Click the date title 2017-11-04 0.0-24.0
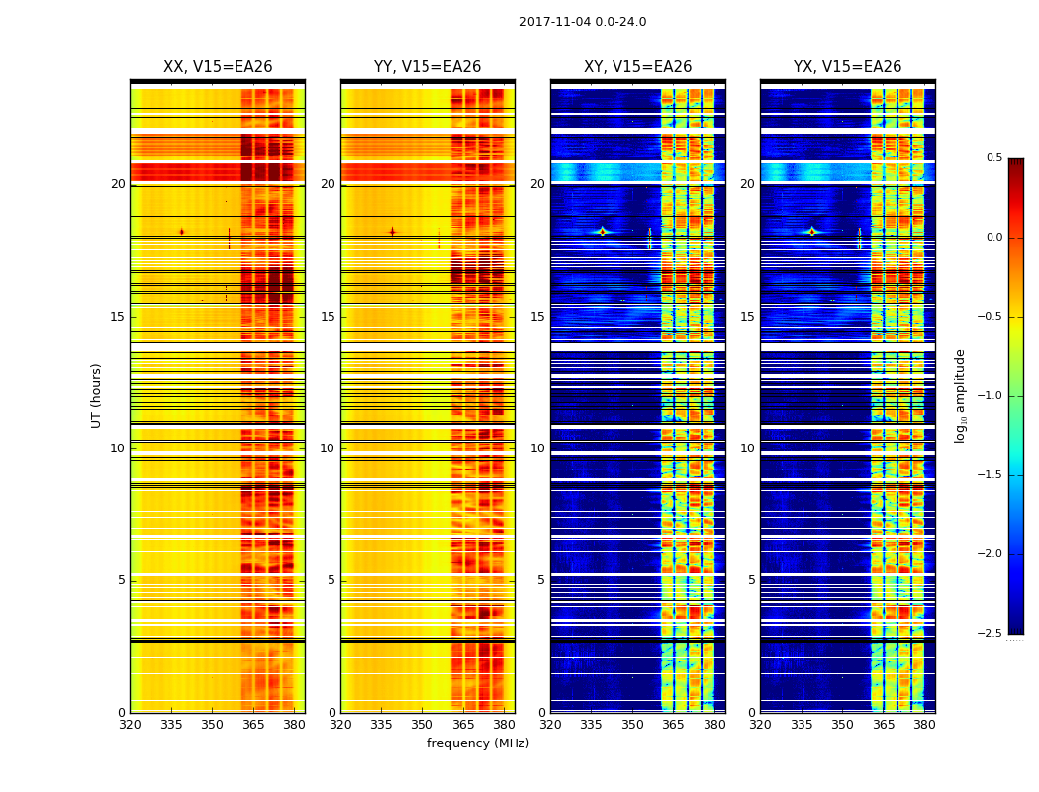click(583, 22)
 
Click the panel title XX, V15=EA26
click(218, 67)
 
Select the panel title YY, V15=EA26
click(427, 67)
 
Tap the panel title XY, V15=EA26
click(637, 67)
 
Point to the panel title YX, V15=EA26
click(847, 67)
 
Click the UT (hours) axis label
click(97, 395)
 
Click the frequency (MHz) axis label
click(478, 743)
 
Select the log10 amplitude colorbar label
click(960, 395)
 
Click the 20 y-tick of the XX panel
click(118, 184)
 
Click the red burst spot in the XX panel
click(181, 232)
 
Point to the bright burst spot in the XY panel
click(602, 232)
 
